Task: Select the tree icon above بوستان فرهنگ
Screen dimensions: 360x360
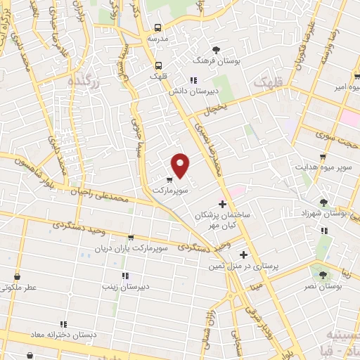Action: (216, 49)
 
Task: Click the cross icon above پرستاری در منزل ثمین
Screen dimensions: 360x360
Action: (244, 255)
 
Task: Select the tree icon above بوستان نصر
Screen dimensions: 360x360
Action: (323, 276)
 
